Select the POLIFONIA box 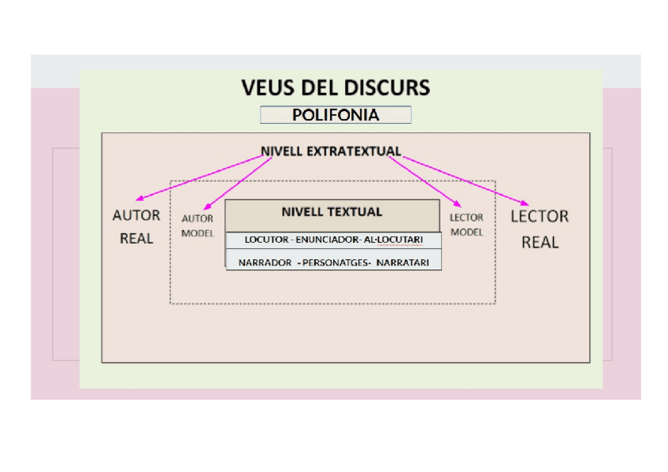point(336,115)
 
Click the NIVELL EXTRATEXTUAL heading point(331,151)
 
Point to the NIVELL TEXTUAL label point(332,212)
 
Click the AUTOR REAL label point(136,226)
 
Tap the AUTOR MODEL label point(198,225)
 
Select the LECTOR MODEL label point(466,225)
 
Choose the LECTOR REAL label point(540,229)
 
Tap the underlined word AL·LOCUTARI point(393,240)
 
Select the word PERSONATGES point(336,263)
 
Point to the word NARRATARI point(403,263)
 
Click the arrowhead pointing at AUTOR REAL point(139,199)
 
